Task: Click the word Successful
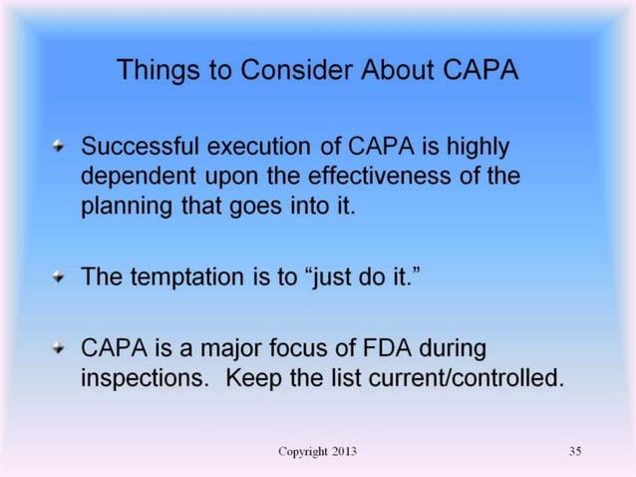click(140, 147)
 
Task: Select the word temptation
click(189, 277)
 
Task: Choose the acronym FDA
click(376, 349)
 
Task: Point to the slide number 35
click(574, 452)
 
